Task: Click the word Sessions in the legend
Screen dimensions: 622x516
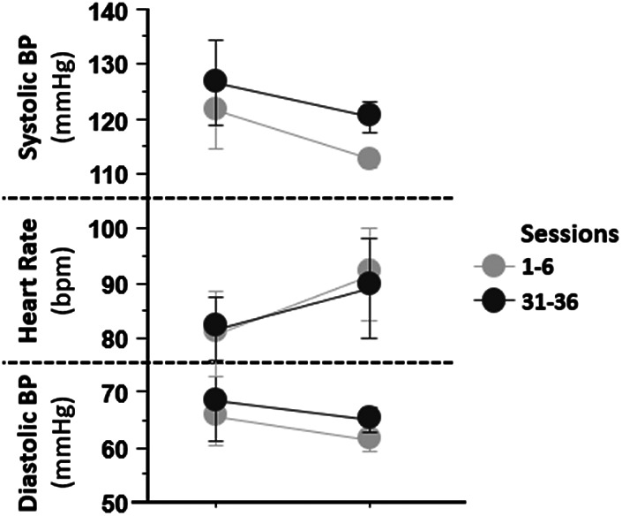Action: point(570,235)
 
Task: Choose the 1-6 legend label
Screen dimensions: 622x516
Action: point(536,268)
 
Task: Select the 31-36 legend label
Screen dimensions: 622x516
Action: point(547,303)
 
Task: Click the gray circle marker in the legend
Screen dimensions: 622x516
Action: point(494,267)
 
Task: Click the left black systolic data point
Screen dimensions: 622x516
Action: point(215,81)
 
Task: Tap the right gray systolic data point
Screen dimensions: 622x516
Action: point(370,158)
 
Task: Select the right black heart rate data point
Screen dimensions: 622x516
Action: point(370,284)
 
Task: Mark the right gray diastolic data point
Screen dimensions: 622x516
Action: point(370,438)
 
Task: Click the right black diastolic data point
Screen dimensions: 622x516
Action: point(370,417)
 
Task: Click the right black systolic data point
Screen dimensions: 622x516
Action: point(370,115)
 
